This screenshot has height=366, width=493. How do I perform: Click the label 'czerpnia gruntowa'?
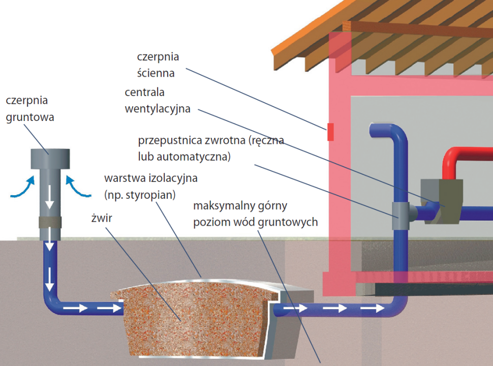[x=30, y=109]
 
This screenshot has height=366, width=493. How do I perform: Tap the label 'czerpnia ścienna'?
[x=158, y=65]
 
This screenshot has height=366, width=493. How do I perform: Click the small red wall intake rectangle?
[x=330, y=132]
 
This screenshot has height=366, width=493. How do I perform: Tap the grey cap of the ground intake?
[x=50, y=158]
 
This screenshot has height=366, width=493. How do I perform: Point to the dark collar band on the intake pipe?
[x=50, y=223]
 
